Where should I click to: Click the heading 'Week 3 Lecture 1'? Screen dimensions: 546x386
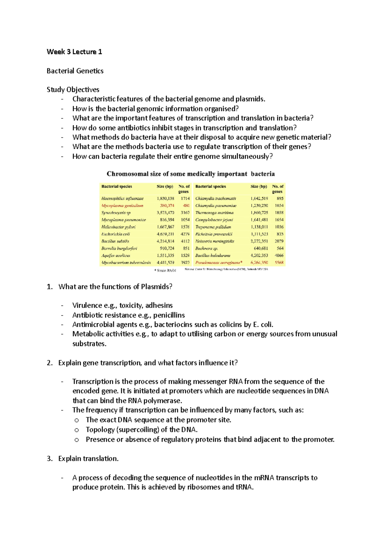point(74,52)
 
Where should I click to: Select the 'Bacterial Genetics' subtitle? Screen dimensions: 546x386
point(75,71)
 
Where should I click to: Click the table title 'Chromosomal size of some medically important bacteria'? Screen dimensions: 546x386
point(190,174)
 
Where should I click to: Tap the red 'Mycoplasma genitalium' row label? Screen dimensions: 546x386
point(122,205)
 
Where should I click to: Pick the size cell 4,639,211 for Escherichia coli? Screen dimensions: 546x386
point(165,234)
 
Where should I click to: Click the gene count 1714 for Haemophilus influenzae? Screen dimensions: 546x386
point(185,198)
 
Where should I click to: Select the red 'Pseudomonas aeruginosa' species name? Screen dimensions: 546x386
point(217,262)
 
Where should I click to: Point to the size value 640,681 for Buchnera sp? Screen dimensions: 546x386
point(261,248)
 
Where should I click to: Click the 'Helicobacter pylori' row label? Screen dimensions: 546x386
point(118,227)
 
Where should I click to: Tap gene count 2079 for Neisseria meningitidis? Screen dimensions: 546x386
point(279,241)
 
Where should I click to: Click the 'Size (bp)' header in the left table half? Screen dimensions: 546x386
point(165,187)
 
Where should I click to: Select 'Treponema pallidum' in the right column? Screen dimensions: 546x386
point(213,227)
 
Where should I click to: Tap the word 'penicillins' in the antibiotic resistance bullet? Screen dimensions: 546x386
point(169,315)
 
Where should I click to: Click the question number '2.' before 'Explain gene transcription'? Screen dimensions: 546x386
point(50,363)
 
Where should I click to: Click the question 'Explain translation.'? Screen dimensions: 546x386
point(88,459)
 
